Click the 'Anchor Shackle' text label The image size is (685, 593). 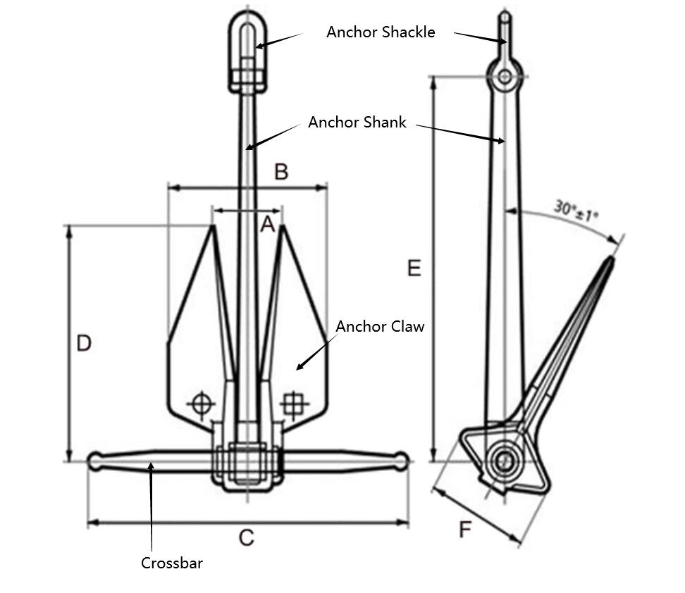(x=381, y=32)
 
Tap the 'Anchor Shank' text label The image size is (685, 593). (x=357, y=123)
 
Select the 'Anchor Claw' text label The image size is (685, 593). (x=380, y=327)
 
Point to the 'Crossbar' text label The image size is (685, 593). (x=171, y=563)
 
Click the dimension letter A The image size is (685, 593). (x=267, y=225)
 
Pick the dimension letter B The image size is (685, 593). (x=280, y=172)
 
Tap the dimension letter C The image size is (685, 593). (x=245, y=539)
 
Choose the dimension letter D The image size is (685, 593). (x=84, y=344)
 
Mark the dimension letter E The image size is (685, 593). (x=414, y=268)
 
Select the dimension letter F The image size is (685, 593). (x=464, y=530)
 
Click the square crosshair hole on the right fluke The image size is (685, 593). (x=291, y=404)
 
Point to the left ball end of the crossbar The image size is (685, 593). (x=95, y=461)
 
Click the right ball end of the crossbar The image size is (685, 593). (x=401, y=461)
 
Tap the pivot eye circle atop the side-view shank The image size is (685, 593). (x=505, y=76)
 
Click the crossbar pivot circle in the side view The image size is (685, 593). (x=504, y=462)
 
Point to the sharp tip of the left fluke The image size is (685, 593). (x=211, y=227)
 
